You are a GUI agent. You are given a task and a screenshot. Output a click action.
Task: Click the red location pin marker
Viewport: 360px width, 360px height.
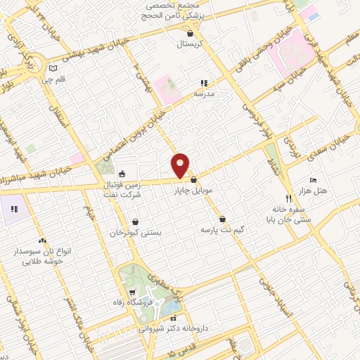coord(181,165)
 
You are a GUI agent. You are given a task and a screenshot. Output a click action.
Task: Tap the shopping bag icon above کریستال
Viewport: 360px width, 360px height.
coord(191,32)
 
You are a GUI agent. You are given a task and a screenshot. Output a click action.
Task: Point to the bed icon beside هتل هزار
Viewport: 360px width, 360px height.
coord(314,180)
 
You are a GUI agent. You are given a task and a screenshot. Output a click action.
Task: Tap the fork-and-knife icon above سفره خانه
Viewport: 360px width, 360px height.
coord(288,198)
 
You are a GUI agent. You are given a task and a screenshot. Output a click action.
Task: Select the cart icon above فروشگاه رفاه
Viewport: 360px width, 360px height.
coord(131,292)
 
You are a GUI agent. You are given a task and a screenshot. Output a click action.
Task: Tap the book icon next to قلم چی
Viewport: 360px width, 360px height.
coord(53,68)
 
